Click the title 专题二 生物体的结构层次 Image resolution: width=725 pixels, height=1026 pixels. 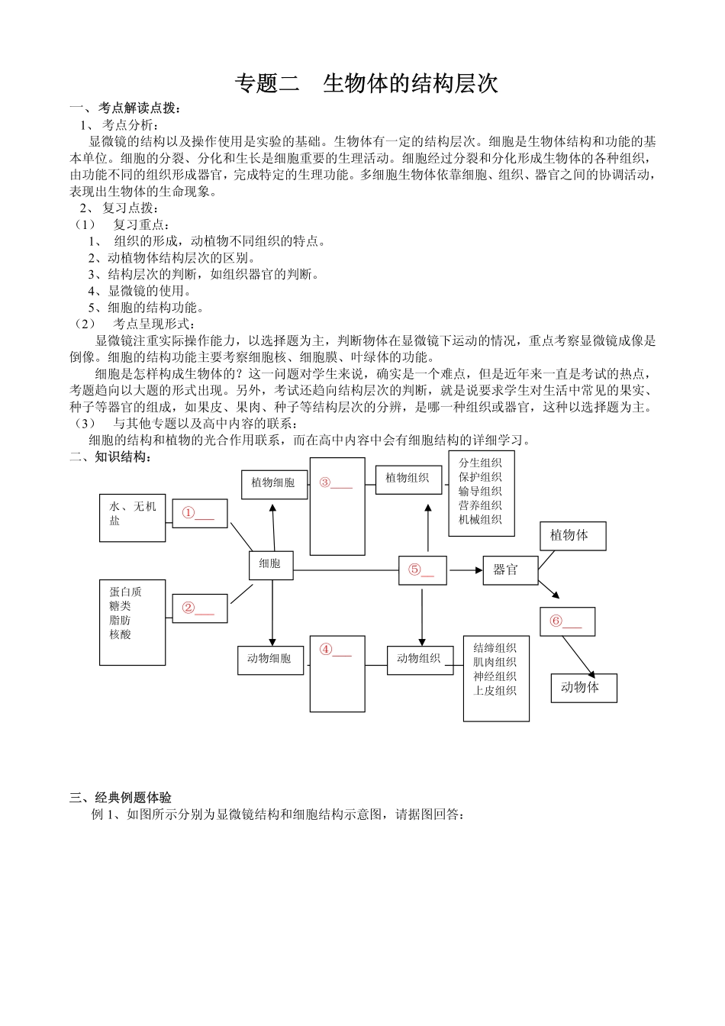tap(366, 83)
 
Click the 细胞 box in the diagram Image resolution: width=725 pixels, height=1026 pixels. tap(271, 564)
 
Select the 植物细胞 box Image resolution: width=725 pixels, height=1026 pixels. tap(274, 483)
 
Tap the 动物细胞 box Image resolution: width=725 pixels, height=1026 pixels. tap(270, 659)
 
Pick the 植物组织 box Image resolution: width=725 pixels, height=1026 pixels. tap(408, 479)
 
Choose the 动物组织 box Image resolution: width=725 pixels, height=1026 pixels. tap(419, 659)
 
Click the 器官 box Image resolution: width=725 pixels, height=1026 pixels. tap(510, 570)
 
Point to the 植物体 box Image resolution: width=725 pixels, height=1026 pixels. tap(572, 536)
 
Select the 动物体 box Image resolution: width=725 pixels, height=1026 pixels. tap(583, 688)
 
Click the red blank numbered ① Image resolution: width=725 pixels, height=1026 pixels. tap(198, 515)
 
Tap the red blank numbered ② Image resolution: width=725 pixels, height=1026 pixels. tap(198, 608)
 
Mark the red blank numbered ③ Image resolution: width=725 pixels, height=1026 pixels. tap(337, 483)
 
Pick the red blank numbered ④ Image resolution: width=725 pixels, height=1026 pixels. tap(337, 650)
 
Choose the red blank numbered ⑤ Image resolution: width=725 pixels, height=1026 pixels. tap(421, 570)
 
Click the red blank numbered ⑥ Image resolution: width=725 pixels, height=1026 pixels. tap(566, 622)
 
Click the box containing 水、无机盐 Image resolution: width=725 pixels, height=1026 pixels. tap(132, 518)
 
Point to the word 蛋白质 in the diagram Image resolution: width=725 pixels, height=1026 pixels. tap(125, 592)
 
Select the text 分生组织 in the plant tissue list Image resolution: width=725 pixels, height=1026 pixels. tap(480, 463)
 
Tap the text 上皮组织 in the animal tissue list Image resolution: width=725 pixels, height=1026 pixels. tap(495, 691)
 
